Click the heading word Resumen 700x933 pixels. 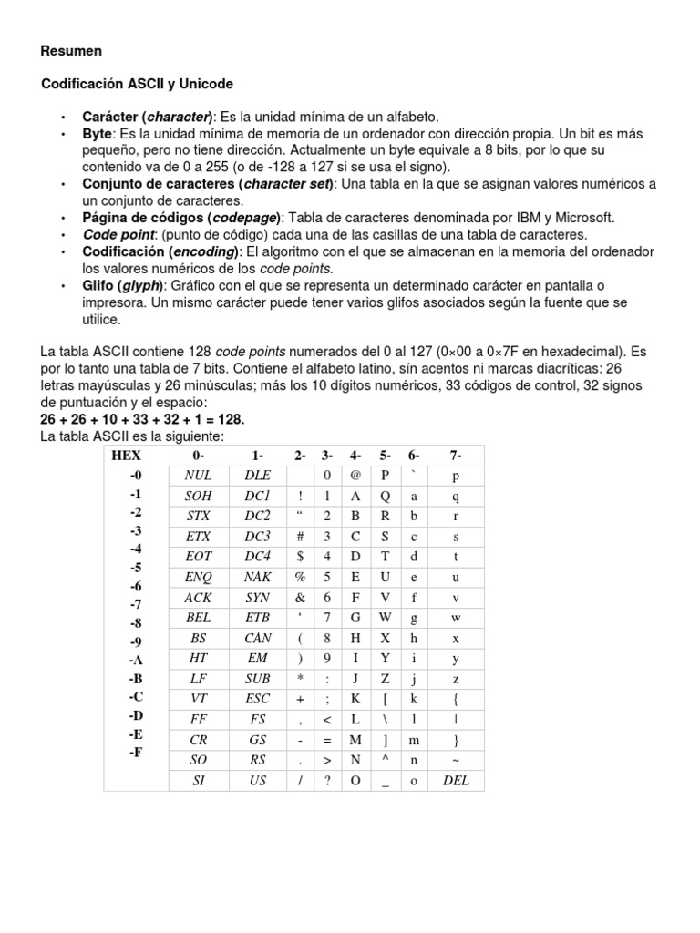pos(72,51)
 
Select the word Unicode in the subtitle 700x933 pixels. pos(207,84)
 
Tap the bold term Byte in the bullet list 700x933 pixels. pos(97,134)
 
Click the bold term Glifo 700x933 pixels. pos(99,286)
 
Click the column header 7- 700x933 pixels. pos(455,455)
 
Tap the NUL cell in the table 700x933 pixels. pos(198,476)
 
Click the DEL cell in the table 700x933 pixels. pos(455,781)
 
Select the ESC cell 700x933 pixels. pos(257,700)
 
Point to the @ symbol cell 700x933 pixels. pos(355,476)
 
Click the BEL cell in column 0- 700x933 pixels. pos(198,618)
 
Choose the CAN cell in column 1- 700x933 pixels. pos(257,638)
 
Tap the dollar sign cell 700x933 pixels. pos(299,557)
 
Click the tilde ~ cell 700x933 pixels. pos(455,761)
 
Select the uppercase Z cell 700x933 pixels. pos(386,679)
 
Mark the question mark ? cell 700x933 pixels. pos(326,781)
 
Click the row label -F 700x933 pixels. pos(136,753)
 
